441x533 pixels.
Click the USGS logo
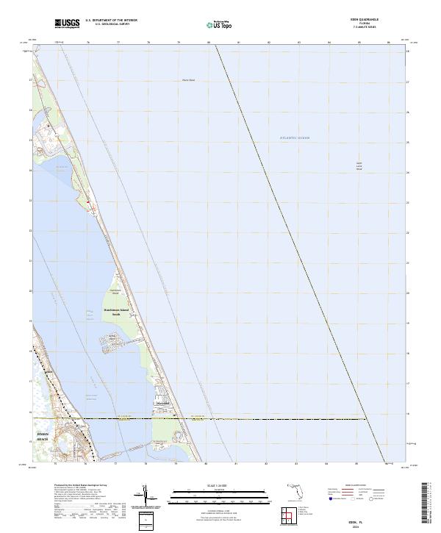pyautogui.click(x=67, y=24)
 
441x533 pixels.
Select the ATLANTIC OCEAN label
pyautogui.click(x=295, y=137)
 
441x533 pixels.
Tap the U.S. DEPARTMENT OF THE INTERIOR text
pyautogui.click(x=111, y=20)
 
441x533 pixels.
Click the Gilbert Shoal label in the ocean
pyautogui.click(x=359, y=166)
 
